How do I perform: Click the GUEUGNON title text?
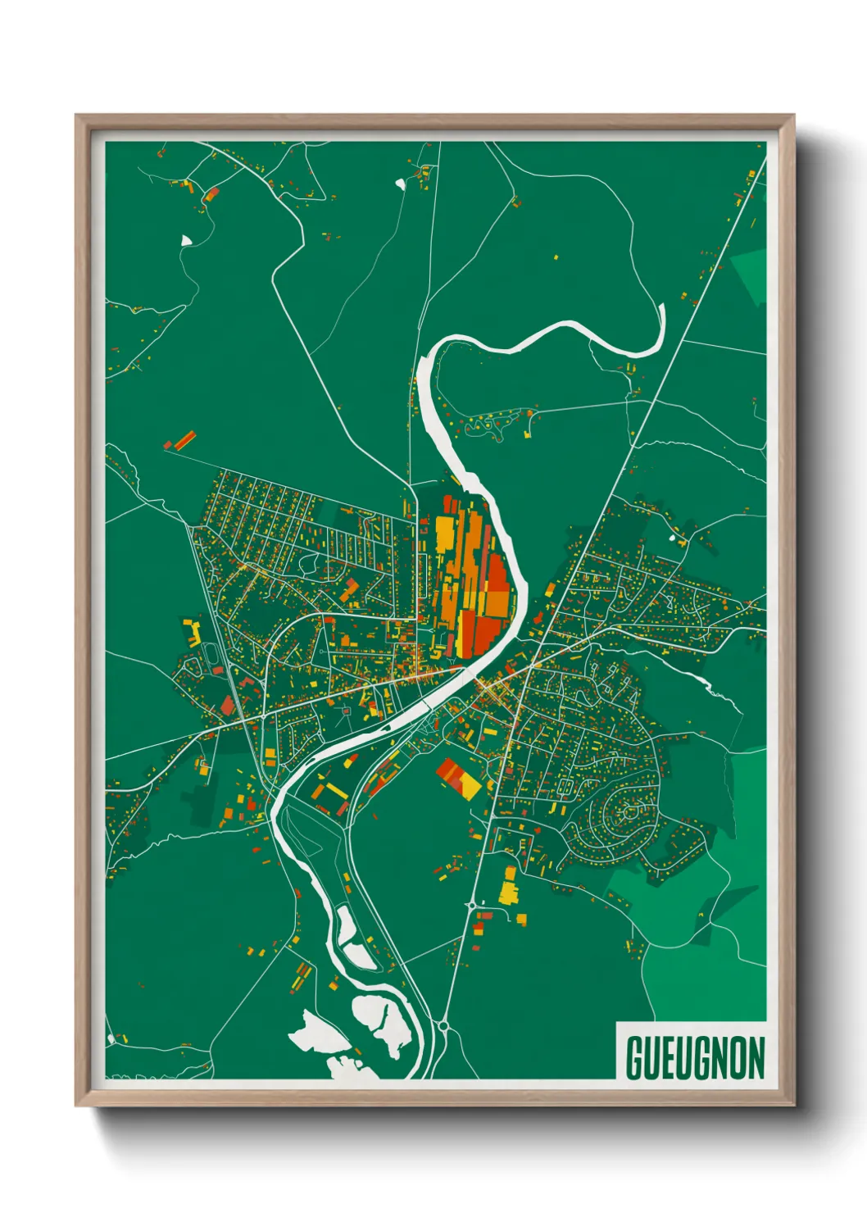695,1058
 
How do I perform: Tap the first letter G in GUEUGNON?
635,1058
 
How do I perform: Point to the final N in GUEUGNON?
756,1058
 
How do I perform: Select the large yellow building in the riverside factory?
445,534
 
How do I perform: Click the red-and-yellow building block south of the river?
458,778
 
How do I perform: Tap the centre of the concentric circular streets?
629,812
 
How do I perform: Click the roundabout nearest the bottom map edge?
443,1024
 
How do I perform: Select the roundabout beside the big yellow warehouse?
471,905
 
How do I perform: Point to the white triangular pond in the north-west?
186,240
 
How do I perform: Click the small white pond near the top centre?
400,184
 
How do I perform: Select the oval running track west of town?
216,655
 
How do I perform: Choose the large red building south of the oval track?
227,706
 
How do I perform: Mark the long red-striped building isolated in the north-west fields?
181,440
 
